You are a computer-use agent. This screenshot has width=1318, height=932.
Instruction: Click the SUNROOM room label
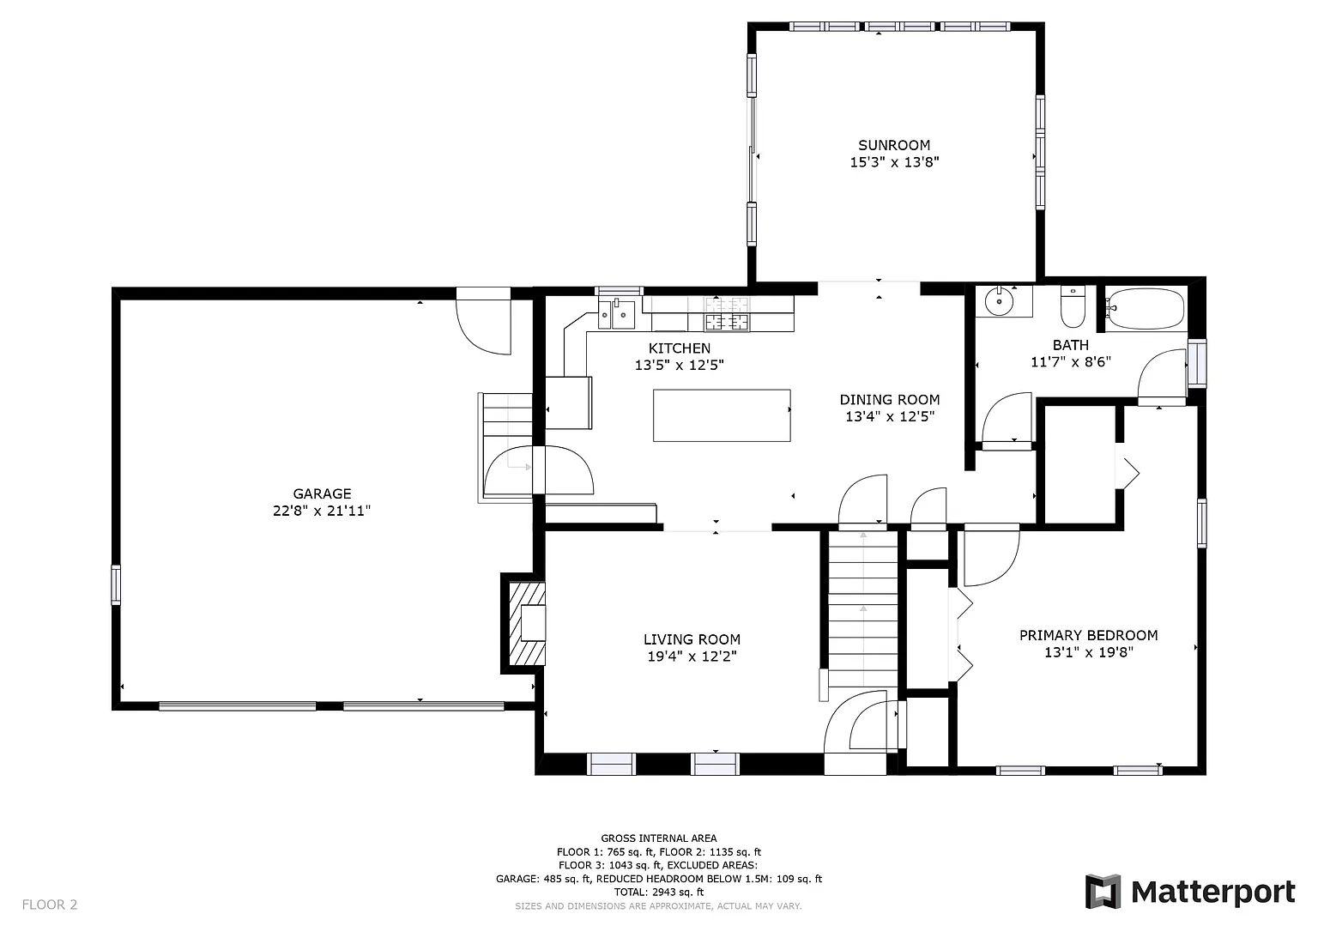tap(894, 145)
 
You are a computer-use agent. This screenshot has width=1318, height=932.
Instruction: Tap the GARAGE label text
tap(322, 493)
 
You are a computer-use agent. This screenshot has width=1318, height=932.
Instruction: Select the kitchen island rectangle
tap(722, 415)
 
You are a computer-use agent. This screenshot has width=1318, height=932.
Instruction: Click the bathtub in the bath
tap(1145, 308)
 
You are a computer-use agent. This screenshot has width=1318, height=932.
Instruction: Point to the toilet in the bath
tap(1073, 306)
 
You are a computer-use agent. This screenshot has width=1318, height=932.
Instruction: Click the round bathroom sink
tap(999, 301)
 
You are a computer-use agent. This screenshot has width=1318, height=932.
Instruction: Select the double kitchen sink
tap(617, 314)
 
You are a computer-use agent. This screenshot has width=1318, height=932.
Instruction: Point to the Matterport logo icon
tap(1103, 892)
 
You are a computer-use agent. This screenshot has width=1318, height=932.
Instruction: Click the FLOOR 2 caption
tap(50, 905)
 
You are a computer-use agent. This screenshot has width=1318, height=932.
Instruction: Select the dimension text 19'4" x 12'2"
tap(692, 656)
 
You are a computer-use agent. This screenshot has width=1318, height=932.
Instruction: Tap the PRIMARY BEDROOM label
tap(1089, 635)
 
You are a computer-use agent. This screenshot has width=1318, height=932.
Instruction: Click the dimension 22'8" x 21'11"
tap(322, 510)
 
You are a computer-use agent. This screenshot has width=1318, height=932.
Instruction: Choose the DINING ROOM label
tap(890, 400)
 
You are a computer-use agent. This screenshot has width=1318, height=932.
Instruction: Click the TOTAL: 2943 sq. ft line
tap(659, 892)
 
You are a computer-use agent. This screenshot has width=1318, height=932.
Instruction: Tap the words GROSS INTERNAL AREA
tap(659, 838)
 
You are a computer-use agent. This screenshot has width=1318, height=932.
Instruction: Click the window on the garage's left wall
tap(116, 584)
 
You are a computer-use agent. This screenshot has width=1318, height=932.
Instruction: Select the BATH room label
tap(1071, 345)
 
